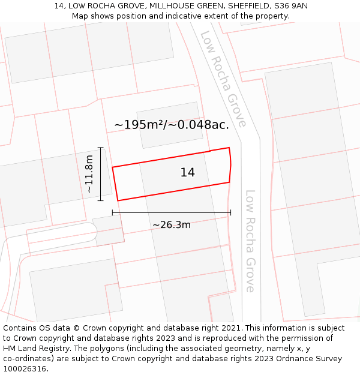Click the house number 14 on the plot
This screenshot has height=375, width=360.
(187, 173)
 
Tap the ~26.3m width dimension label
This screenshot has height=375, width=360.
(172, 225)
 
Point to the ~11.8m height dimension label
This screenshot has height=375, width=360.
(89, 174)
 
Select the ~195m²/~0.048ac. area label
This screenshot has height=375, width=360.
(172, 125)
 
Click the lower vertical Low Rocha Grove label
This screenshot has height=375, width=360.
(250, 241)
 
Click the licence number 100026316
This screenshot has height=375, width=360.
(25, 369)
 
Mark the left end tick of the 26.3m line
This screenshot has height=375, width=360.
(113, 212)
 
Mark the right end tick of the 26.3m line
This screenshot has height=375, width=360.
(230, 212)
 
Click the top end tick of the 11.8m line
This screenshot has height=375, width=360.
(100, 148)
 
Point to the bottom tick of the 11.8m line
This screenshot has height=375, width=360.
(100, 200)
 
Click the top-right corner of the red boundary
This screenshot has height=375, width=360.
(229, 148)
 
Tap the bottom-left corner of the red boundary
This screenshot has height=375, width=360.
(118, 200)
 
